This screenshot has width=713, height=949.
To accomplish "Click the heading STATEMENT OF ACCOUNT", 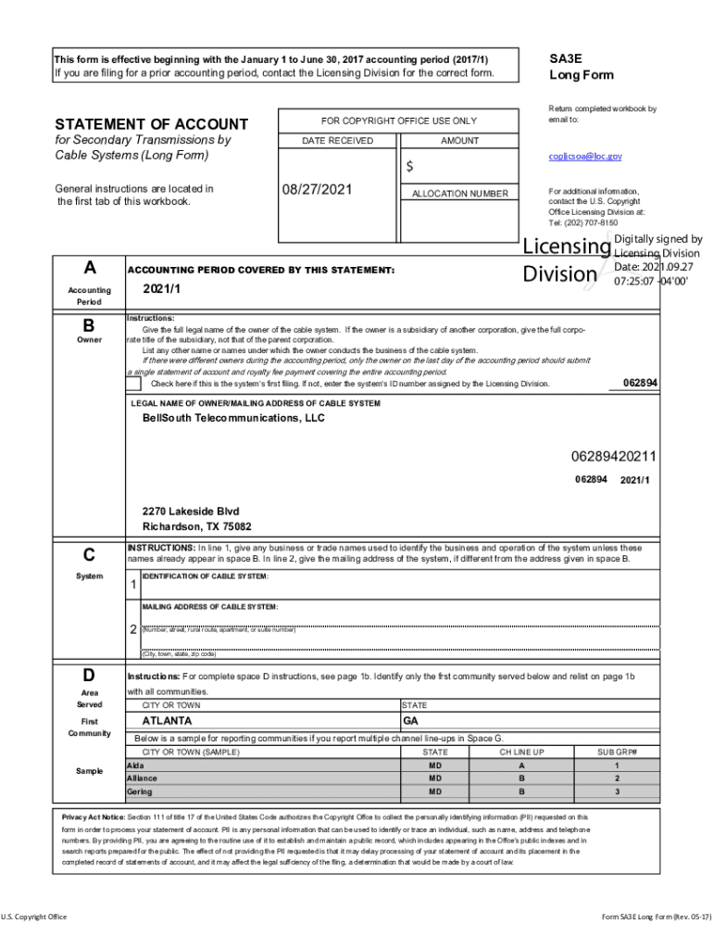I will pyautogui.click(x=152, y=124).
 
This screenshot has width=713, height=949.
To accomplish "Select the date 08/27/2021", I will pyautogui.click(x=319, y=189).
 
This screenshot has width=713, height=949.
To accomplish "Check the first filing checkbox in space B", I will pyautogui.click(x=133, y=384).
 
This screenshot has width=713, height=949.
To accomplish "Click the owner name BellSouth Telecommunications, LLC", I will pyautogui.click(x=233, y=419).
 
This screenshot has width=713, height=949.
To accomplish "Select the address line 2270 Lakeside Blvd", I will pyautogui.click(x=191, y=512).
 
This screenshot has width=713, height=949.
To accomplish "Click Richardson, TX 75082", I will pyautogui.click(x=196, y=526).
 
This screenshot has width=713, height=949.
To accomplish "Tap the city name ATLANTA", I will pyautogui.click(x=167, y=720).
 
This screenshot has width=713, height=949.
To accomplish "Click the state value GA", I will pyautogui.click(x=410, y=720).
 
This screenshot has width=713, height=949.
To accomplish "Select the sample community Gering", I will pyautogui.click(x=140, y=792).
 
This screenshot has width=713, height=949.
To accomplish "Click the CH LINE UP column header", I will pyautogui.click(x=521, y=752).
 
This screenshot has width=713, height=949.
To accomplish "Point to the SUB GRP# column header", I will pyautogui.click(x=617, y=752).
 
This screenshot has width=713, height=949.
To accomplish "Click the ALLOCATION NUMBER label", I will pyautogui.click(x=459, y=194).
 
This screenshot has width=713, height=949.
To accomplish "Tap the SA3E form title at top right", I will pyautogui.click(x=566, y=57).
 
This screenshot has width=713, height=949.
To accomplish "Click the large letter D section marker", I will pyautogui.click(x=89, y=674).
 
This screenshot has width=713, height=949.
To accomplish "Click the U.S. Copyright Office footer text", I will pyautogui.click(x=34, y=917).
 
